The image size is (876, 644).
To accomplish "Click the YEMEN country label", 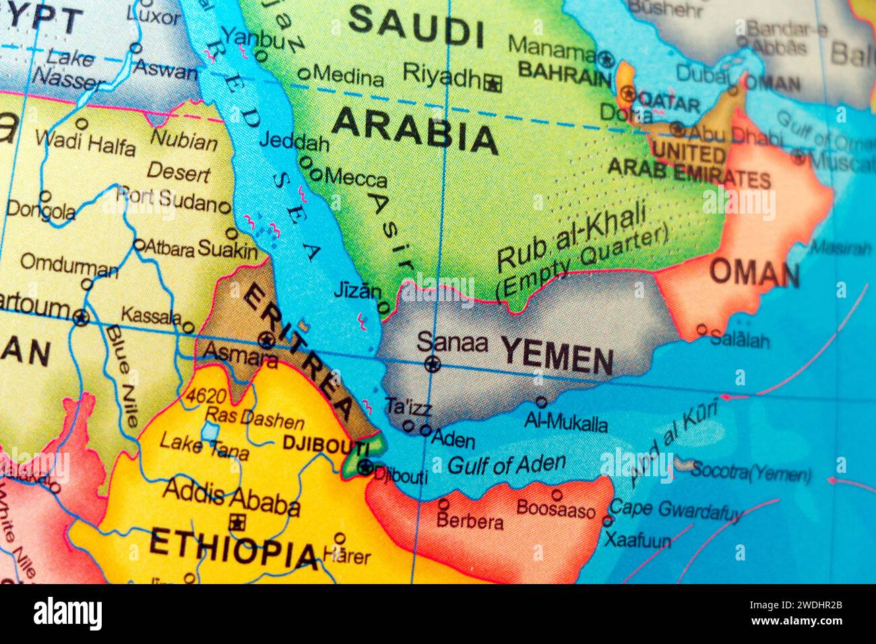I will pos(557,356).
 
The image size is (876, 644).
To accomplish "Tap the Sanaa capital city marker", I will pos(432,365).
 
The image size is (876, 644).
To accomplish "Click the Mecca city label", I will pos(356,179).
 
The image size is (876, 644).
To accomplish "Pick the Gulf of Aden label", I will pos(506,464).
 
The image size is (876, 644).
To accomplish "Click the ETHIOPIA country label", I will pos(233,548).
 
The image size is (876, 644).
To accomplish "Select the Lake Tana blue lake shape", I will pos(210,430).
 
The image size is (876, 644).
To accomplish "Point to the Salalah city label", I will pos(739,340).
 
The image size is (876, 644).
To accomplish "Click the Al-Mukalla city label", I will pos(566,422).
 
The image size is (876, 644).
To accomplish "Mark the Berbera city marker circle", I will pos(443,504).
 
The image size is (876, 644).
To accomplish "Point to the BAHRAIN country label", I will pos(564,73).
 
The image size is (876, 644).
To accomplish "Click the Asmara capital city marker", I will pos(267,340).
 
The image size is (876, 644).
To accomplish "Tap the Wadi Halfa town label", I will pos(85,142).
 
